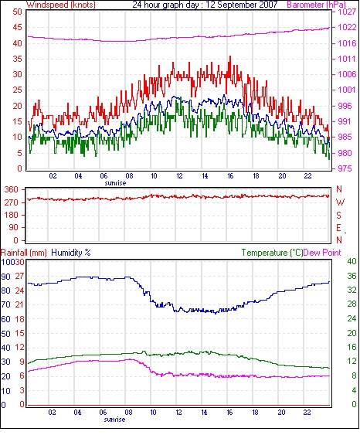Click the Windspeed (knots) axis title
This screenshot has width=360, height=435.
61,5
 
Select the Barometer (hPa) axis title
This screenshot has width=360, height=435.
317,5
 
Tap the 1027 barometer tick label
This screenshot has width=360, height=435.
347,12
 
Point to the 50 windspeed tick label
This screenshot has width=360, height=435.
17,12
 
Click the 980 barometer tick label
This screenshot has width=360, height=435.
345,153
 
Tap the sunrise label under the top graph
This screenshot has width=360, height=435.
115,183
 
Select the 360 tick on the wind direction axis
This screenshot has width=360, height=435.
12,190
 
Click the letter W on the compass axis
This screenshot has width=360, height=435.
340,202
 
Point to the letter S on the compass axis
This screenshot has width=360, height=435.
338,216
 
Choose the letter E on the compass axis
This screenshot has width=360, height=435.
338,228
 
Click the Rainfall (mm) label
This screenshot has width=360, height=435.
24,253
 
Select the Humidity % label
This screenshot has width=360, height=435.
71,253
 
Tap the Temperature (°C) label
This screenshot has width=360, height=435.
272,253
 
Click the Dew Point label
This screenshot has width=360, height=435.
322,253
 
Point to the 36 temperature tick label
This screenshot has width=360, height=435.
352,276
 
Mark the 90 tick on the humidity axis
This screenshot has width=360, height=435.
6,277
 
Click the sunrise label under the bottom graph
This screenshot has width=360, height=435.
114,420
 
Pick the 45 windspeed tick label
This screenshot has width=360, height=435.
17,28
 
